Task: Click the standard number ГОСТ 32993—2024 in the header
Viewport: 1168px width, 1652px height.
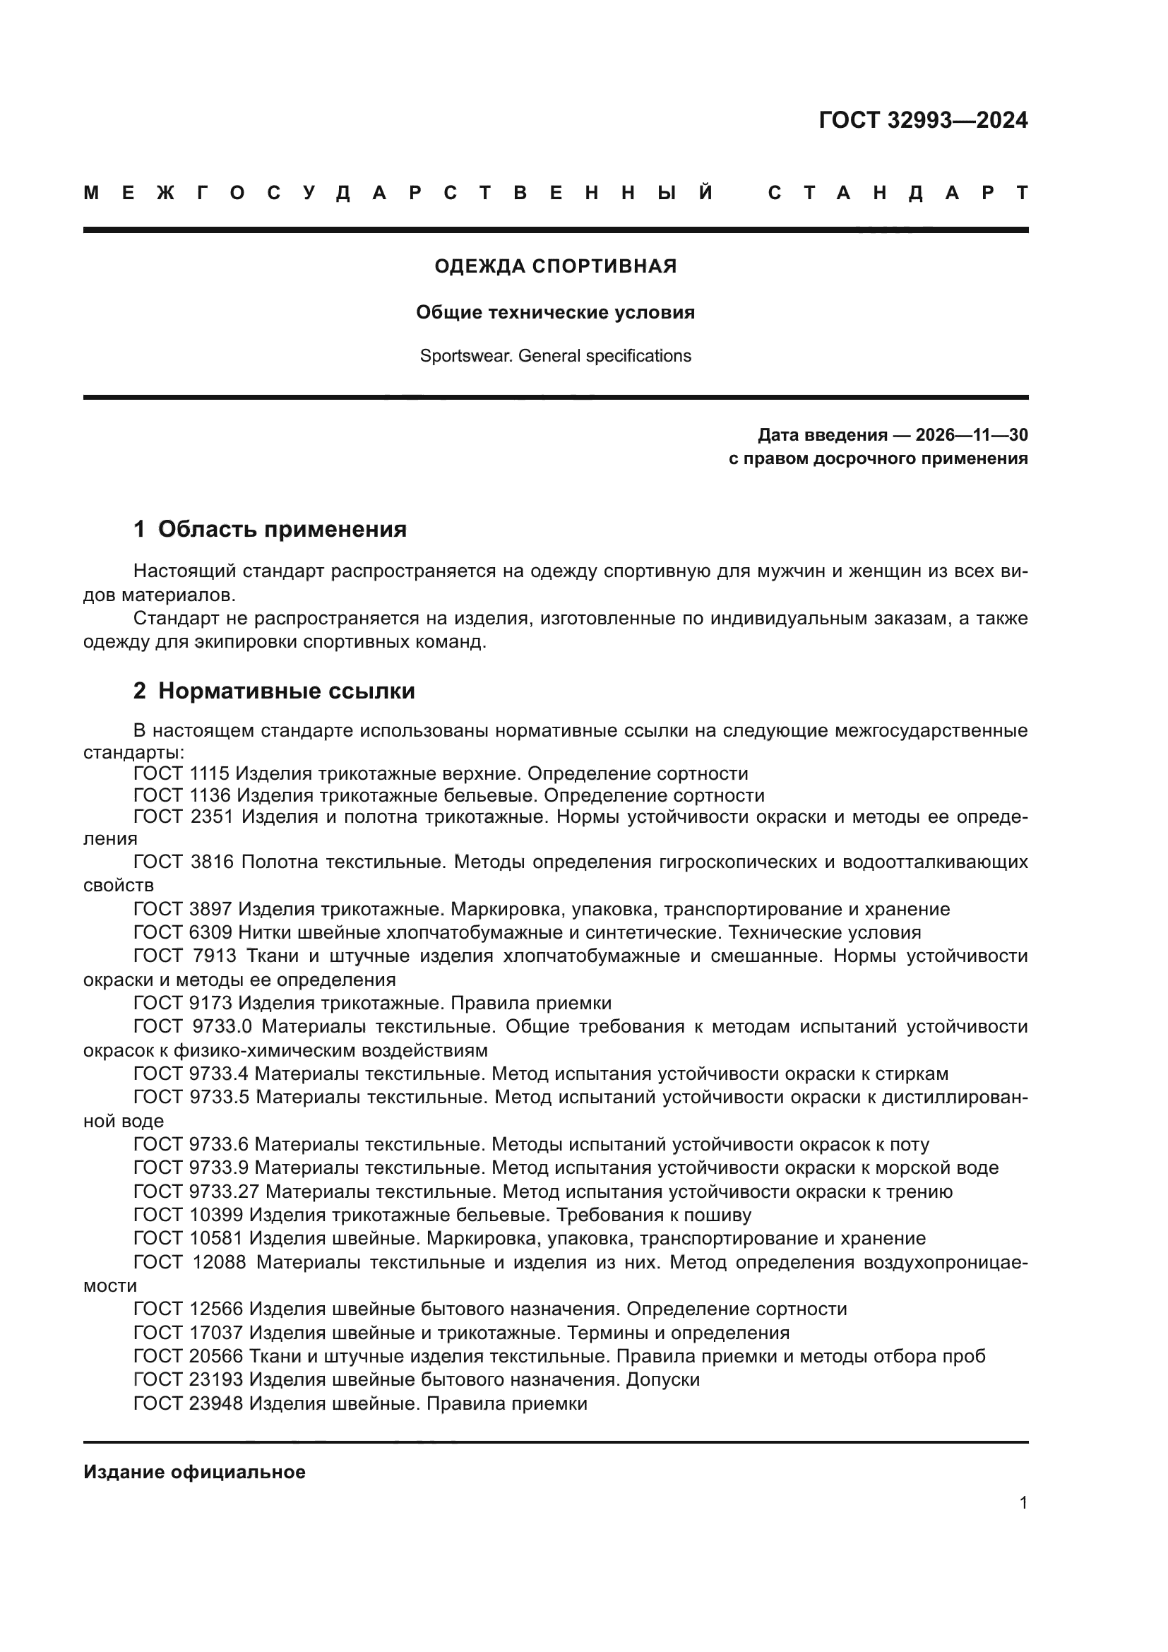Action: (x=923, y=120)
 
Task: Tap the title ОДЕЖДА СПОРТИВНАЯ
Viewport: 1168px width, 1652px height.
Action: (x=555, y=266)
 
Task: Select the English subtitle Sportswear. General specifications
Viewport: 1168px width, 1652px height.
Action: (x=555, y=356)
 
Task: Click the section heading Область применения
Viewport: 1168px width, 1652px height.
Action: (x=282, y=529)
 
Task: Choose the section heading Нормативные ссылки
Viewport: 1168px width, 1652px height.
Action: (x=286, y=691)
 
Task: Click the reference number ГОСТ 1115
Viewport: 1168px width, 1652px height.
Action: (x=181, y=773)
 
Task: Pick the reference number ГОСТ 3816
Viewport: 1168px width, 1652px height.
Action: (x=184, y=861)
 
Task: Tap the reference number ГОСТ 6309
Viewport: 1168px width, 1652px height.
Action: (x=183, y=932)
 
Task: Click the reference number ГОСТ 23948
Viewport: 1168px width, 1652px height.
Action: (x=189, y=1403)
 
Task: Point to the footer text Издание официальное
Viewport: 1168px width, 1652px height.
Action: (x=194, y=1472)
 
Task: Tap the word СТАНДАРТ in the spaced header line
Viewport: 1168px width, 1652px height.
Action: (x=898, y=193)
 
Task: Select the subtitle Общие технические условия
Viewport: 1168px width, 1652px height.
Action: (x=555, y=312)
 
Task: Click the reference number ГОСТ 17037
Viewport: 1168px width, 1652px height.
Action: (x=189, y=1333)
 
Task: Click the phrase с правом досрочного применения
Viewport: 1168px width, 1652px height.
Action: (x=878, y=458)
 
